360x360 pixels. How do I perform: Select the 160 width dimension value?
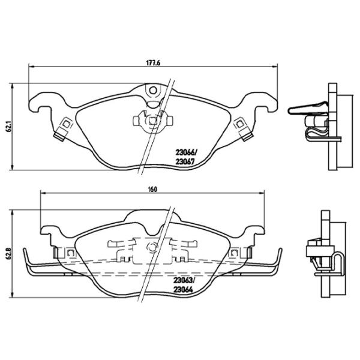click(152, 190)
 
